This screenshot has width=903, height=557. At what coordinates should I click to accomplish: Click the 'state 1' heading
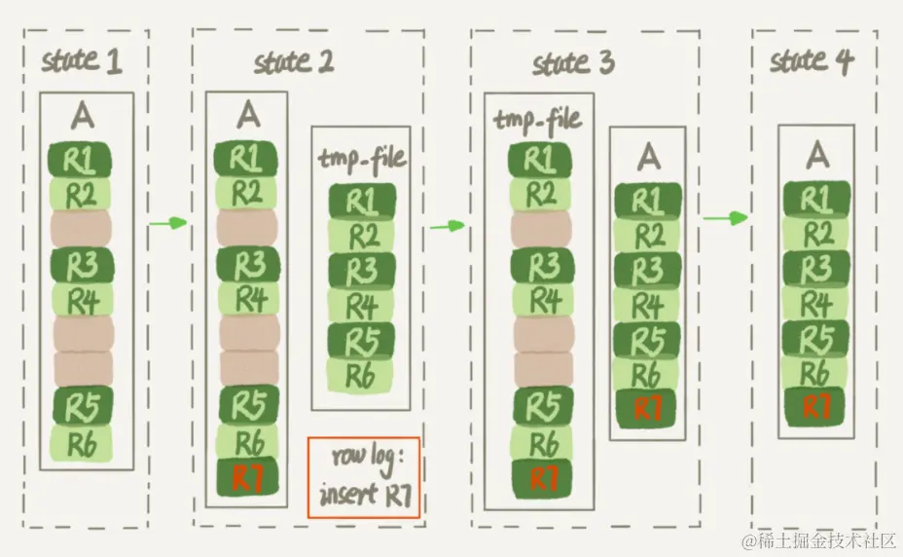coord(83,61)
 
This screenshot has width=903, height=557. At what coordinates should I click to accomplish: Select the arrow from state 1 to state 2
coord(168,223)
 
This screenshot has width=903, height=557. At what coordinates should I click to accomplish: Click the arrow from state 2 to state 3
coord(448,225)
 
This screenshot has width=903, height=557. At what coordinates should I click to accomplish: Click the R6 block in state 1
coord(83,442)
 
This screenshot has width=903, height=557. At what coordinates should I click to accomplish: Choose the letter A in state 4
coord(818,154)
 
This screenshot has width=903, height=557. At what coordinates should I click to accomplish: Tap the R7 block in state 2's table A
coord(248,478)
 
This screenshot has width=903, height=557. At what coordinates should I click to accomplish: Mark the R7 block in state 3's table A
coord(647,407)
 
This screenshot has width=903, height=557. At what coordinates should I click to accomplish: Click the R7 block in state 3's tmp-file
coord(541,478)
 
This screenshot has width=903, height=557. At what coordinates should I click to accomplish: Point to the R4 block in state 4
coord(818,303)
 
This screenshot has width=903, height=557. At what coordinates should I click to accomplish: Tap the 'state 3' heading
coord(574,64)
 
